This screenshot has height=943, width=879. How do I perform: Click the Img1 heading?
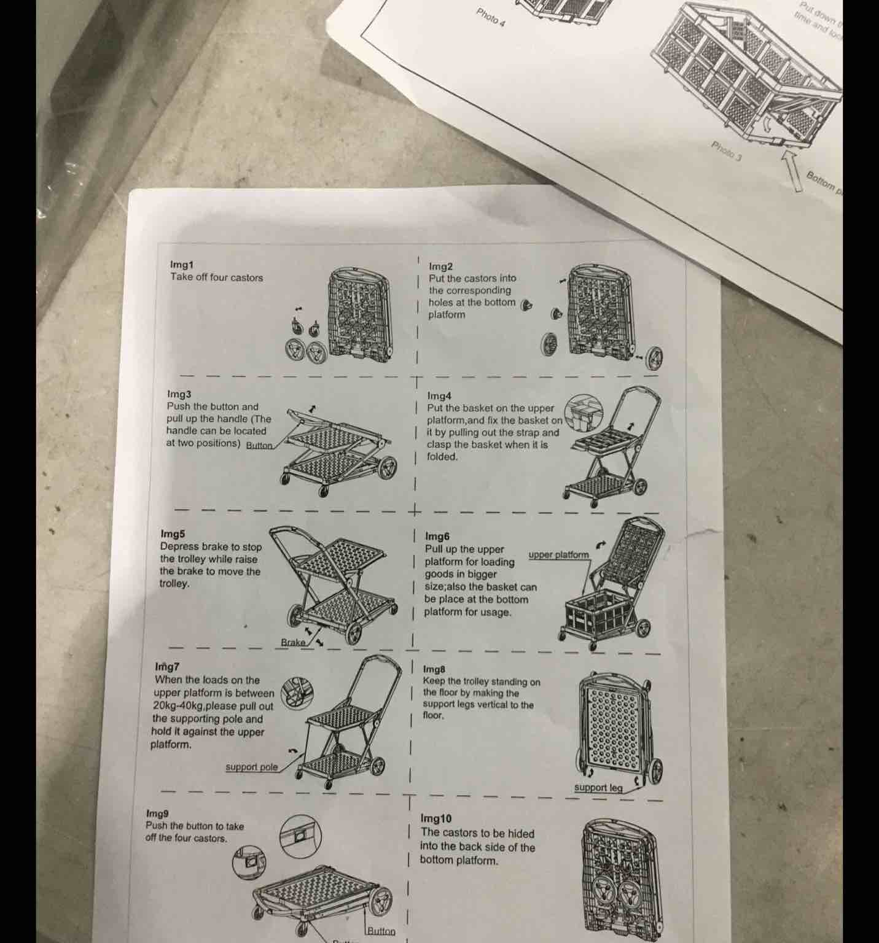pyautogui.click(x=181, y=265)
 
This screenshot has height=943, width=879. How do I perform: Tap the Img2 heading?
pyautogui.click(x=440, y=266)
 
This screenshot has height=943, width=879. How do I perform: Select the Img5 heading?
pyautogui.click(x=172, y=534)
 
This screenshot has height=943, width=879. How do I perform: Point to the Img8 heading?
pyautogui.click(x=434, y=669)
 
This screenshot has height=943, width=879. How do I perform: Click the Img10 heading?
pyautogui.click(x=436, y=818)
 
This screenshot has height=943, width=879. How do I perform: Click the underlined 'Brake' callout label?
pyautogui.click(x=293, y=642)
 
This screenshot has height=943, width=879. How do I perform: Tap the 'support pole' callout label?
pyautogui.click(x=251, y=767)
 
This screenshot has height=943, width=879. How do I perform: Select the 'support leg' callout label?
pyautogui.click(x=598, y=788)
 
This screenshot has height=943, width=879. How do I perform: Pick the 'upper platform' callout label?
pyautogui.click(x=558, y=555)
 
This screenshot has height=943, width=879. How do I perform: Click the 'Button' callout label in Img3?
pyautogui.click(x=259, y=445)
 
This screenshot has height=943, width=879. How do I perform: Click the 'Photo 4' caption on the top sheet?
pyautogui.click(x=490, y=18)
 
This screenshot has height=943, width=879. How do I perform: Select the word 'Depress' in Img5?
pyautogui.click(x=179, y=546)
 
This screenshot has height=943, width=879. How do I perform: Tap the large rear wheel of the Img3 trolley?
pyautogui.click(x=387, y=468)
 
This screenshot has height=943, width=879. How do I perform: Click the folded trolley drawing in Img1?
pyautogui.click(x=359, y=313)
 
